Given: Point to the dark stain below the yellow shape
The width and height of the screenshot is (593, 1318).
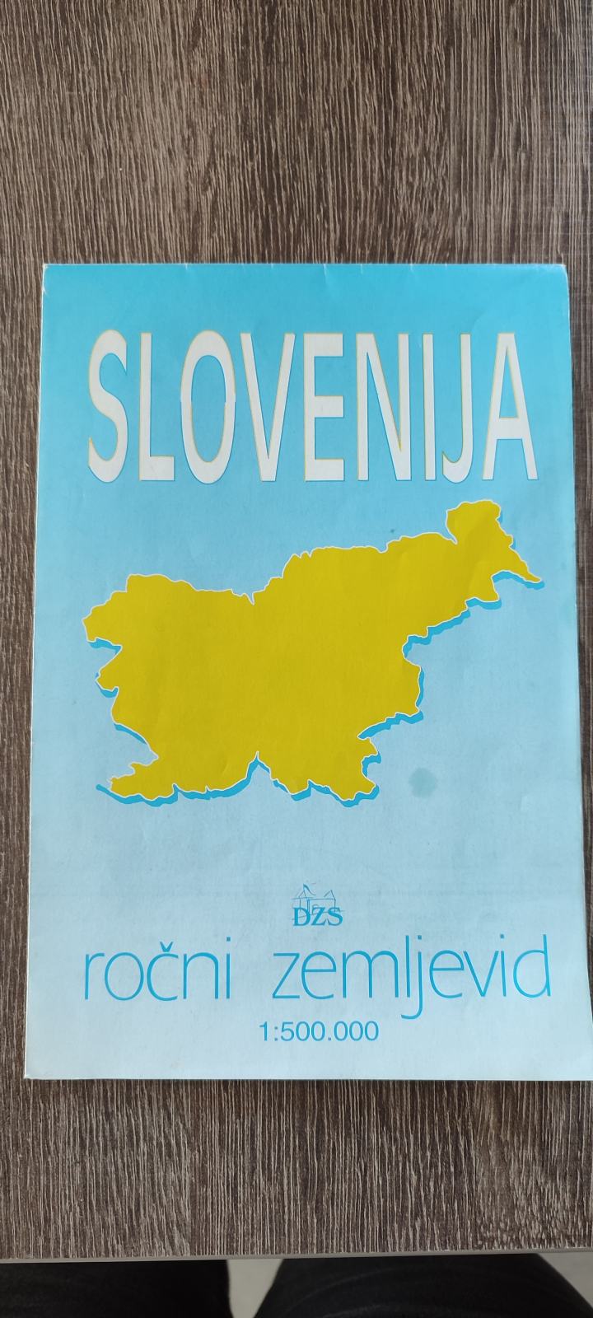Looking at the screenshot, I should (426, 777).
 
